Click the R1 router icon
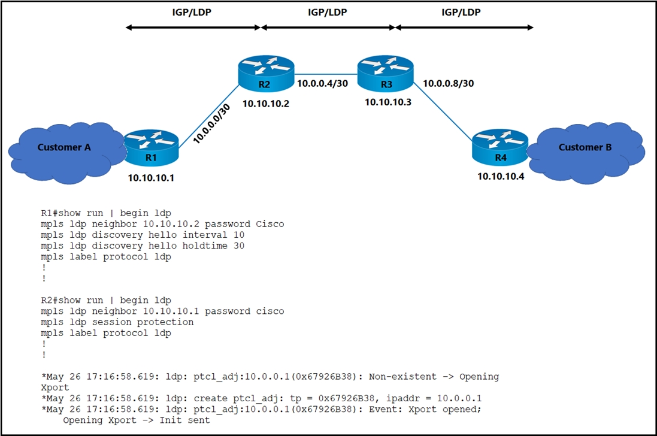click(x=152, y=147)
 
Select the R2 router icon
click(x=266, y=73)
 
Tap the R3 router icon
click(x=386, y=73)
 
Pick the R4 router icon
click(x=500, y=147)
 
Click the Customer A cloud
click(x=63, y=153)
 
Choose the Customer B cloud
click(x=586, y=153)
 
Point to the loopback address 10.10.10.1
click(x=151, y=178)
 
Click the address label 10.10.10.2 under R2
click(x=266, y=104)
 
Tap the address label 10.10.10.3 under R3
click(x=388, y=102)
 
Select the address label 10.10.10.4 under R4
click(x=501, y=176)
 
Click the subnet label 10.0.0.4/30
click(x=323, y=84)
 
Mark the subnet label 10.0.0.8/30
click(x=449, y=84)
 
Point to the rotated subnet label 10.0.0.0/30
click(x=211, y=124)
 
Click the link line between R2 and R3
click(x=326, y=74)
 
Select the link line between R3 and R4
click(x=443, y=112)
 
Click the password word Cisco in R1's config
click(x=270, y=224)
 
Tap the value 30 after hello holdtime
click(x=239, y=246)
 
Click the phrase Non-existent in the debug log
click(x=402, y=377)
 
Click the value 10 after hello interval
click(x=239, y=235)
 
